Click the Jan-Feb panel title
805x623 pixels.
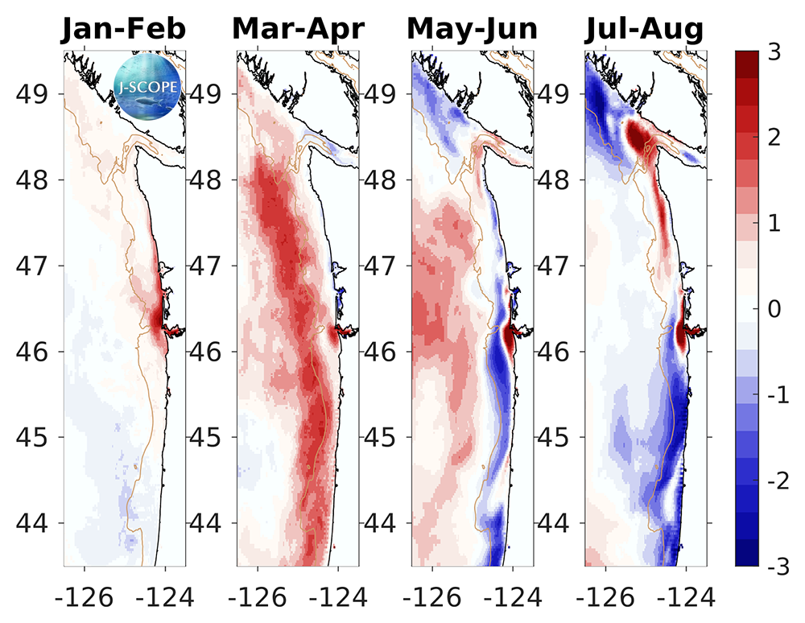124,30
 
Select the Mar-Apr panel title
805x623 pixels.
298,30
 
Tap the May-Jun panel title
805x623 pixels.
472,30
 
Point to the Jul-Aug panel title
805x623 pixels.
645,30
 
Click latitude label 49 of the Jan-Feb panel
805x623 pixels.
34,93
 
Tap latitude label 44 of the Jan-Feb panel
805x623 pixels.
34,523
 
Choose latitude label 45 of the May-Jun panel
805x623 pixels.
382,437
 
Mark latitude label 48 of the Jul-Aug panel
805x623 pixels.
555,179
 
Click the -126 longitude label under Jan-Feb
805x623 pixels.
78,597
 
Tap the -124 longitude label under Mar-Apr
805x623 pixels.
338,597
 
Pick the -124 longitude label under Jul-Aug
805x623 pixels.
686,597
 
